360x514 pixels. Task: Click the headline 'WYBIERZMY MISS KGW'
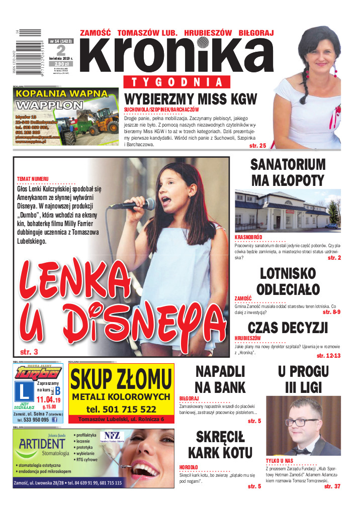(x=191, y=99)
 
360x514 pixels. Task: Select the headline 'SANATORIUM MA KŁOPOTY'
(x=288, y=172)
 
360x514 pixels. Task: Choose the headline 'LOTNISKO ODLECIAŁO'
(x=288, y=281)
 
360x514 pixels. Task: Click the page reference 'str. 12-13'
(x=329, y=356)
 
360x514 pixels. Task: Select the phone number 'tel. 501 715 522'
(x=121, y=409)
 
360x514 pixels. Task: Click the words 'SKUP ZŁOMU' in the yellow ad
(x=121, y=380)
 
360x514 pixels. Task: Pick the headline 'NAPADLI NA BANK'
(x=220, y=379)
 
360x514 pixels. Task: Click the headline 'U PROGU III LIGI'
(x=303, y=379)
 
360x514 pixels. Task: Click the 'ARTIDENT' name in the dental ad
(x=42, y=443)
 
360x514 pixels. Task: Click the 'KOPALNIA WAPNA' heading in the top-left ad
(x=61, y=93)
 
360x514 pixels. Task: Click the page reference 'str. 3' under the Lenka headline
(x=29, y=352)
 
